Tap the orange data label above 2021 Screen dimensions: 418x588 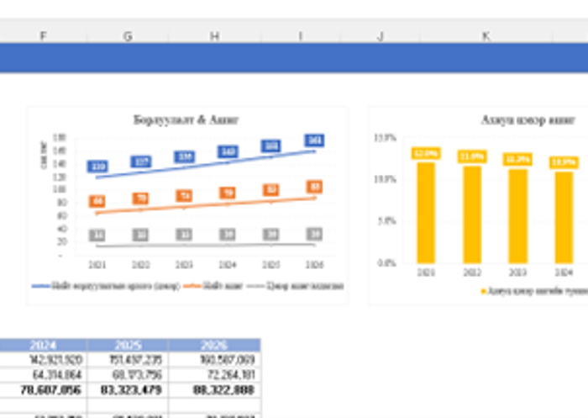point(98,201)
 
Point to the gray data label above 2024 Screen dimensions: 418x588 point(227,234)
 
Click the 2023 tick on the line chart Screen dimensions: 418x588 point(184,263)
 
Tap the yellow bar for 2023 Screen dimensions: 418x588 point(517,215)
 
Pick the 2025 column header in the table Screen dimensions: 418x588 point(128,345)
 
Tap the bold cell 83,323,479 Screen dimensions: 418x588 point(128,390)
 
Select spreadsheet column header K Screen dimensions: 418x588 point(486,36)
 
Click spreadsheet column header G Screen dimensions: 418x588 point(128,36)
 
